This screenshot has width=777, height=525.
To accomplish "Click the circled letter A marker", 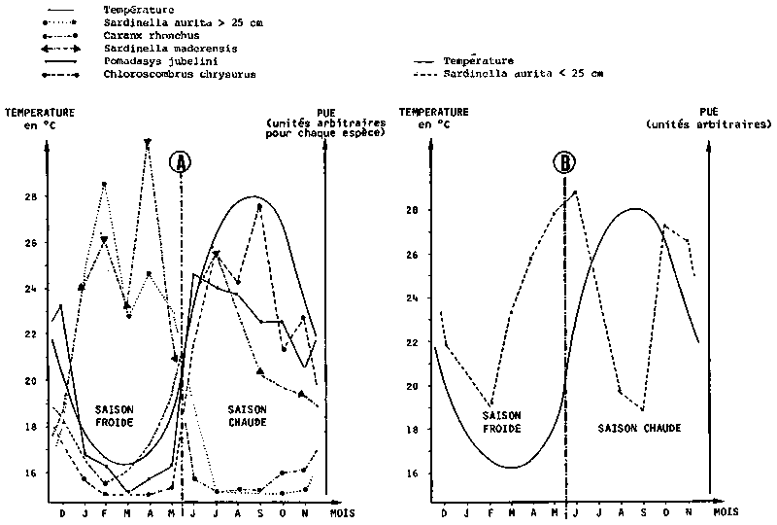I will tap(179, 163).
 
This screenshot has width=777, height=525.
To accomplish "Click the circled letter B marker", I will tap(564, 162).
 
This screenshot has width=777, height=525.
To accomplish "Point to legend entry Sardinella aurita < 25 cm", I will tap(524, 73).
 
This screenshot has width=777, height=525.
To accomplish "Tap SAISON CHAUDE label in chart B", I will tap(639, 428).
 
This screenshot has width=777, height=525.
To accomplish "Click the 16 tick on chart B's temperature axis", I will tap(412, 473).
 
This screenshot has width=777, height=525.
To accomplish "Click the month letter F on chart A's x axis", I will tap(105, 512).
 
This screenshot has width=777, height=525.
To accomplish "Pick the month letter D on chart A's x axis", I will tap(63, 512).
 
